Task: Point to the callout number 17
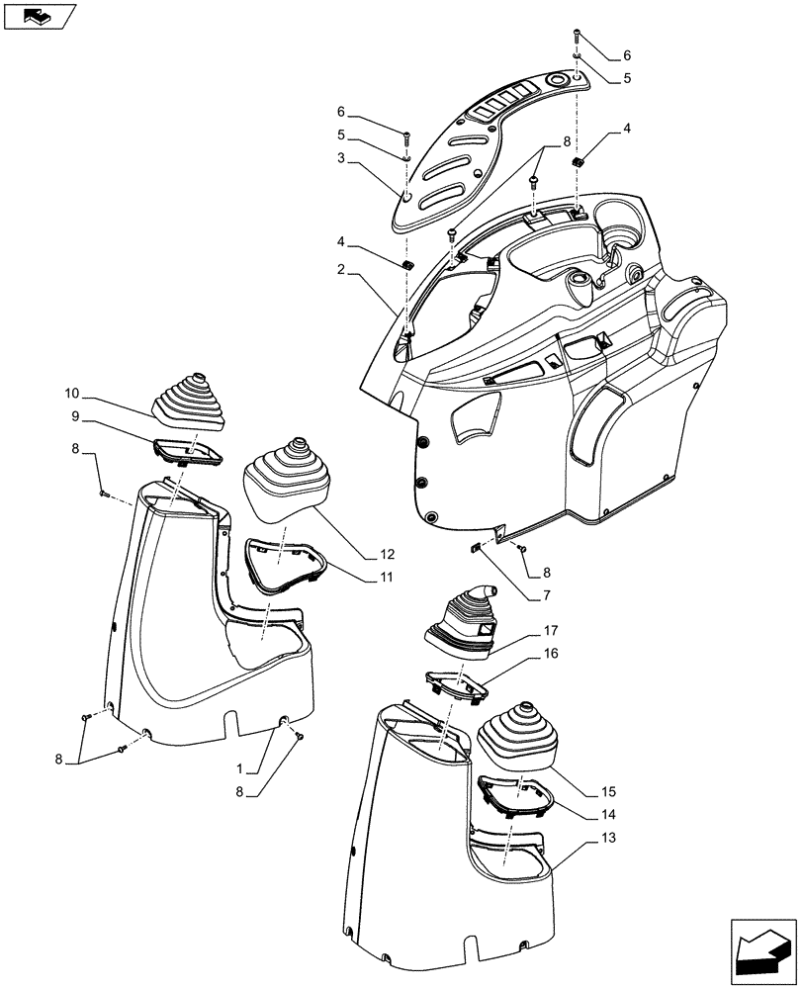coord(550,631)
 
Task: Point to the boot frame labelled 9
coord(186,452)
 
